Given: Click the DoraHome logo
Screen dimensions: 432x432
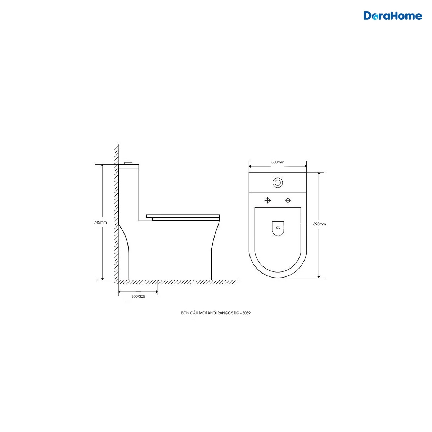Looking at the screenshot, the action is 392,16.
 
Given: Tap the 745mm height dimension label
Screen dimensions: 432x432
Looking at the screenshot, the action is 100,222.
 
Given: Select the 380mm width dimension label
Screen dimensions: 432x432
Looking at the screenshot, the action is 278,162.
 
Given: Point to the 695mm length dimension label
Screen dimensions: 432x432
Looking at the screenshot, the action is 319,224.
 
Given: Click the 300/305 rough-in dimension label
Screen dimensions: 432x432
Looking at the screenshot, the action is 138,296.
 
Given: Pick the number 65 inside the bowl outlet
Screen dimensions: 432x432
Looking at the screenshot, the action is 278,227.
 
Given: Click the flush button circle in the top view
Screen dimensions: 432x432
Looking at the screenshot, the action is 278,183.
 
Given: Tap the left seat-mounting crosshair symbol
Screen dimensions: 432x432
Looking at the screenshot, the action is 268,201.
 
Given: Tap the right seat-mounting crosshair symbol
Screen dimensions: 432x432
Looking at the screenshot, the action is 288,201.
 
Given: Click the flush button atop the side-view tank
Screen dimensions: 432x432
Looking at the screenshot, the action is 129,163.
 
